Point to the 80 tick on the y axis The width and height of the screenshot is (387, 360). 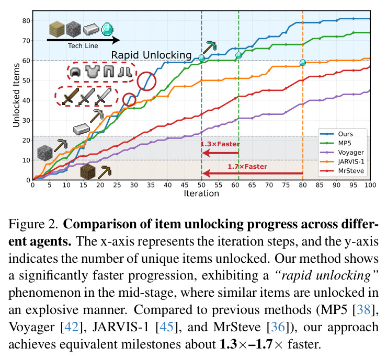(x=26, y=21)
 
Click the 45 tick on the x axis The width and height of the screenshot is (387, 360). (x=185, y=185)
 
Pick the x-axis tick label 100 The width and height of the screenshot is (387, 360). (x=370, y=185)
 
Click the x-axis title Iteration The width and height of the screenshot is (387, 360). (x=201, y=193)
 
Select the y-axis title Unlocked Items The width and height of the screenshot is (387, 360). (x=16, y=95)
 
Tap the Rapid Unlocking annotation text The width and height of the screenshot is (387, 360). (x=151, y=55)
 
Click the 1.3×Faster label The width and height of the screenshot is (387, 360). (x=220, y=144)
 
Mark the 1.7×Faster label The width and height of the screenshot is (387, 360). (x=247, y=167)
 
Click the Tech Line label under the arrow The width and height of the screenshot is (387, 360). (x=83, y=46)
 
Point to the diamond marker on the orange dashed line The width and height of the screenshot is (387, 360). (x=303, y=63)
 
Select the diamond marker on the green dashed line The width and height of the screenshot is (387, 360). (x=238, y=55)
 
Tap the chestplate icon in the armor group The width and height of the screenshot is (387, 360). (x=93, y=72)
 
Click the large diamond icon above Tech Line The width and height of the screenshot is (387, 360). (x=107, y=29)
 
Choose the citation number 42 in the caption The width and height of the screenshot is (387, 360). (x=71, y=327)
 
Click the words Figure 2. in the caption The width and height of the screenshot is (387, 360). (x=33, y=224)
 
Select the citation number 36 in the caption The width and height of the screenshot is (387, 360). (x=278, y=327)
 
